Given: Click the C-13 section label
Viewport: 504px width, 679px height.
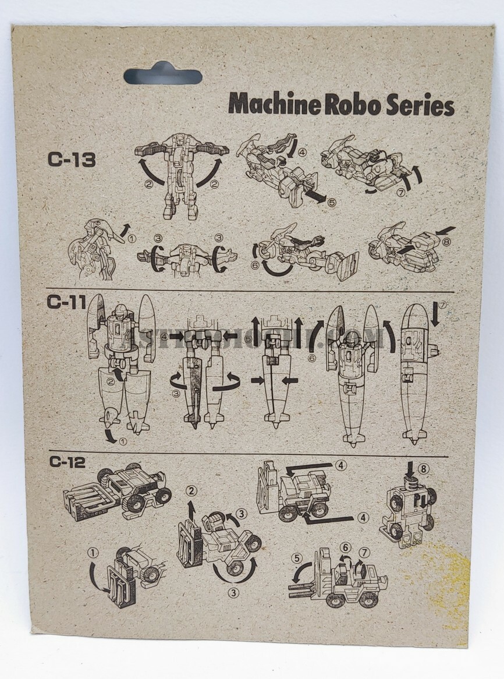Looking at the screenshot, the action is [72, 159].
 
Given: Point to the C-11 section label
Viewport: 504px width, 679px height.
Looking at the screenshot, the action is [67, 303].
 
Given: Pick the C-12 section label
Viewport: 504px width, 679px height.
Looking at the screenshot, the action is [67, 463].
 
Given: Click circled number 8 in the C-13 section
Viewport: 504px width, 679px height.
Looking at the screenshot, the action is [447, 241].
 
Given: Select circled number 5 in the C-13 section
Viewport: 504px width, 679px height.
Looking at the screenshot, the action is [332, 203].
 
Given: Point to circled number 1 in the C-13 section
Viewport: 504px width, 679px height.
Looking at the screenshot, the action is [132, 238].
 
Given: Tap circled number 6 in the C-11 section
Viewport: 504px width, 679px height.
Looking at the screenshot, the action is [312, 358].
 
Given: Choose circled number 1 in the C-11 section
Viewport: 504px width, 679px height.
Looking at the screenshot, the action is [122, 441].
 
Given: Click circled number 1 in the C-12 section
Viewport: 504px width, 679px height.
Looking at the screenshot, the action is [92, 551].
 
